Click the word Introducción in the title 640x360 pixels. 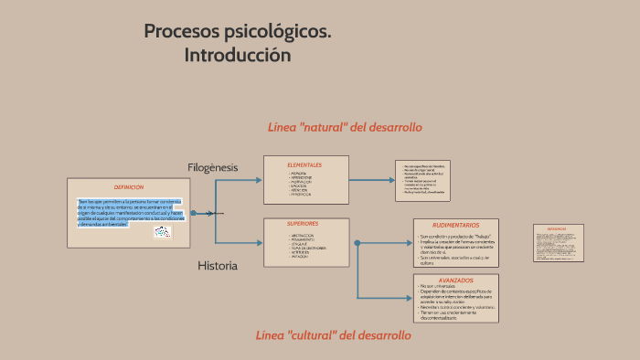tap(237, 55)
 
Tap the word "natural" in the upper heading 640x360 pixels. tap(322, 127)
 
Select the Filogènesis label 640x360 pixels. tap(212, 167)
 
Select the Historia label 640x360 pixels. tap(218, 266)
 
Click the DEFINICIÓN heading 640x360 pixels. tap(129, 186)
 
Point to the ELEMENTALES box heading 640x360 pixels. tap(304, 164)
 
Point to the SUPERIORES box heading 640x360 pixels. tap(303, 224)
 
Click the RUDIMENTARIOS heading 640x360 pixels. tap(455, 225)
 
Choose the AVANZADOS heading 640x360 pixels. tap(455, 280)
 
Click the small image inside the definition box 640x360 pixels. tap(163, 231)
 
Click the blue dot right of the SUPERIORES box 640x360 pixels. tap(357, 243)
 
